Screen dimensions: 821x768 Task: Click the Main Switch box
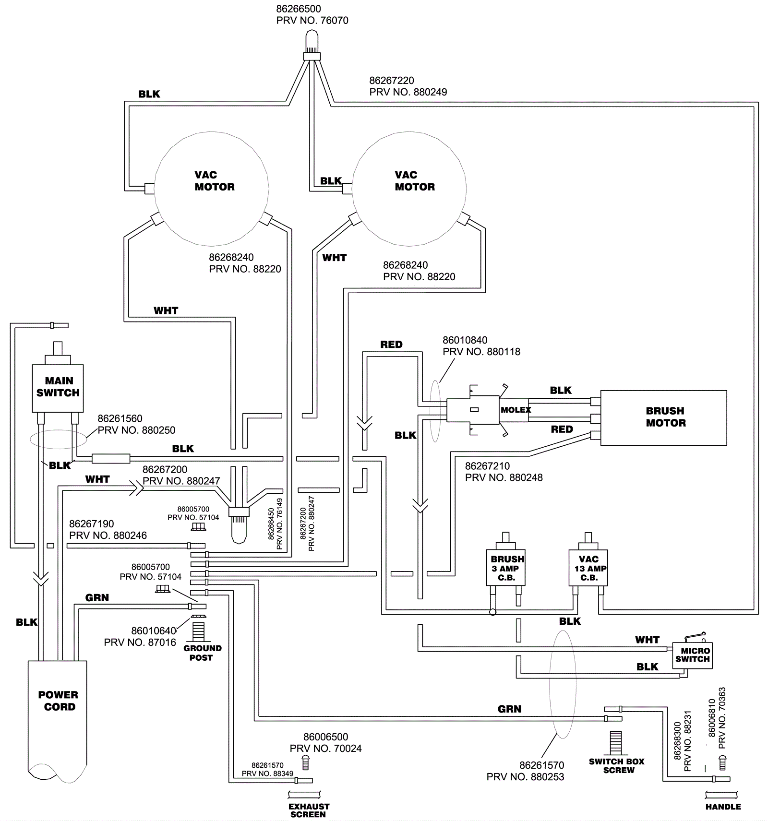pos(58,388)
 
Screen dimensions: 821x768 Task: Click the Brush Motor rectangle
pos(663,417)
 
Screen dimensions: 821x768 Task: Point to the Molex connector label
pos(516,410)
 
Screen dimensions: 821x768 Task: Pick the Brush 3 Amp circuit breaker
pos(506,568)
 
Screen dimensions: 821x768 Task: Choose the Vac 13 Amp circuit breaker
pos(588,568)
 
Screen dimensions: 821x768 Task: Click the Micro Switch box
pos(692,655)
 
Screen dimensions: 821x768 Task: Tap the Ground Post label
pos(202,653)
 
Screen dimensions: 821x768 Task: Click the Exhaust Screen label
pos(309,810)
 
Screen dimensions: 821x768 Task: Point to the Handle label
pos(723,807)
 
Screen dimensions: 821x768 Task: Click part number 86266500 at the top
pos(299,9)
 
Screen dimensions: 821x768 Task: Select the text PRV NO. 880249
pos(408,92)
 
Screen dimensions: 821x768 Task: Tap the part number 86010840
pos(465,340)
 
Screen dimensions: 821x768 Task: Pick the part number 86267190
pos(92,524)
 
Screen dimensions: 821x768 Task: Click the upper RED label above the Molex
pos(391,345)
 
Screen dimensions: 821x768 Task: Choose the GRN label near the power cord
pos(97,598)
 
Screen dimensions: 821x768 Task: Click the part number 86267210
pos(487,466)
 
